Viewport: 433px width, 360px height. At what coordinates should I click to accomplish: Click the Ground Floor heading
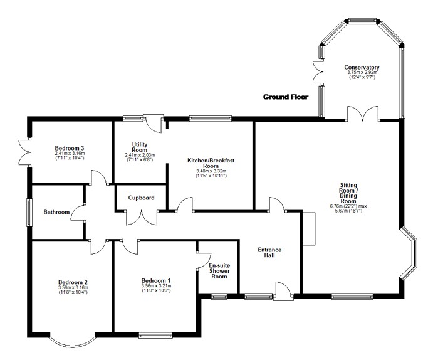(x=286, y=97)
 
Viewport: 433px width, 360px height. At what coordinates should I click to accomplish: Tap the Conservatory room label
(x=362, y=67)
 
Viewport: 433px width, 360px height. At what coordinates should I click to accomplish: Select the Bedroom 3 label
(x=70, y=148)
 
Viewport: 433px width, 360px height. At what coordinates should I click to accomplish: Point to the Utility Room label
(x=140, y=147)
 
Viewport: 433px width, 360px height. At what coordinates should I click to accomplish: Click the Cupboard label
(x=141, y=198)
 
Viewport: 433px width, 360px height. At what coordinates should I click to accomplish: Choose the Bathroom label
(x=56, y=212)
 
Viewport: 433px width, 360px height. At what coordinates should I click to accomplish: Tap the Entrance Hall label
(x=269, y=253)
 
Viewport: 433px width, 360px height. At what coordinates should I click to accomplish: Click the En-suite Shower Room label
(x=219, y=271)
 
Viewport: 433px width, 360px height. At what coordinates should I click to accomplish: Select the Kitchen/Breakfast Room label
(x=211, y=163)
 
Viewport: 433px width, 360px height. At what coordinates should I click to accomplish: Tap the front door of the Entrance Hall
(x=283, y=292)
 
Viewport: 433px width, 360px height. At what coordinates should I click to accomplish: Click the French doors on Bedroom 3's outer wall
(x=23, y=152)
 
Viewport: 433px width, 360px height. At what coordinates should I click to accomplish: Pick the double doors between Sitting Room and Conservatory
(x=363, y=114)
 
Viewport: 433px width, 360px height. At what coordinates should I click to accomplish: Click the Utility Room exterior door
(x=154, y=124)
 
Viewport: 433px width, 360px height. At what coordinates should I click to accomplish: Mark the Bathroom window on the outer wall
(x=29, y=213)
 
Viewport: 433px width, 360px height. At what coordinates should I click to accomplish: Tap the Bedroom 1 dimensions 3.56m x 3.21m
(x=156, y=285)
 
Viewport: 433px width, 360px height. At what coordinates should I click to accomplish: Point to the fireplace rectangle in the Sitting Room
(x=309, y=229)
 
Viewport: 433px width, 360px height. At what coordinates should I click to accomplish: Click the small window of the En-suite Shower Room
(x=219, y=297)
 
